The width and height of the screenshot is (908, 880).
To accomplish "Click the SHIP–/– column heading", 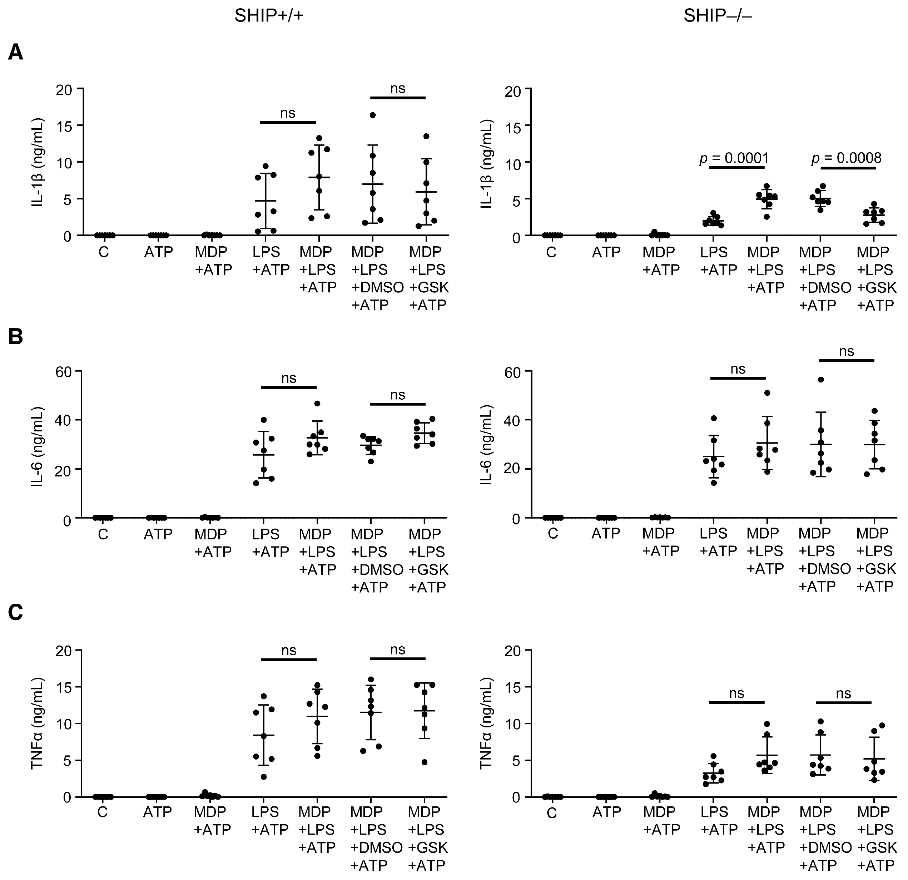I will pos(718,16).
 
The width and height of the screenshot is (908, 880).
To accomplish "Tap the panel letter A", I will pos(15,53).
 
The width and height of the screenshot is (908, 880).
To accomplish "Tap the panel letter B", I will pos(15,337).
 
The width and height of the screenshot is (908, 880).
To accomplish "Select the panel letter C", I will pos(15,613).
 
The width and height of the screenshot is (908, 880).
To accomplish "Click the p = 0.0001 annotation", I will pos(734,158).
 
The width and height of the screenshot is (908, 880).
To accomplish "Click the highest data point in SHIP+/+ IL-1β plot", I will pos(372,115).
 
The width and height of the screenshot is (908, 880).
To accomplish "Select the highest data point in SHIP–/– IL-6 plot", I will pos(820,380).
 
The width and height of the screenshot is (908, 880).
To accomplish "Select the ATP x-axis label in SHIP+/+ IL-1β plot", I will pos(158,252).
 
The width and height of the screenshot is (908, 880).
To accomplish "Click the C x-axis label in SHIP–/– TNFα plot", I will pos(551,813).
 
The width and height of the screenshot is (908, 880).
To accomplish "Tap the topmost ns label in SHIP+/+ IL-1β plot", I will pos(397,88).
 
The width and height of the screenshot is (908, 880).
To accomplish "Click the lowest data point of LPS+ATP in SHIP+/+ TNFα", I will pos(264,777).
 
